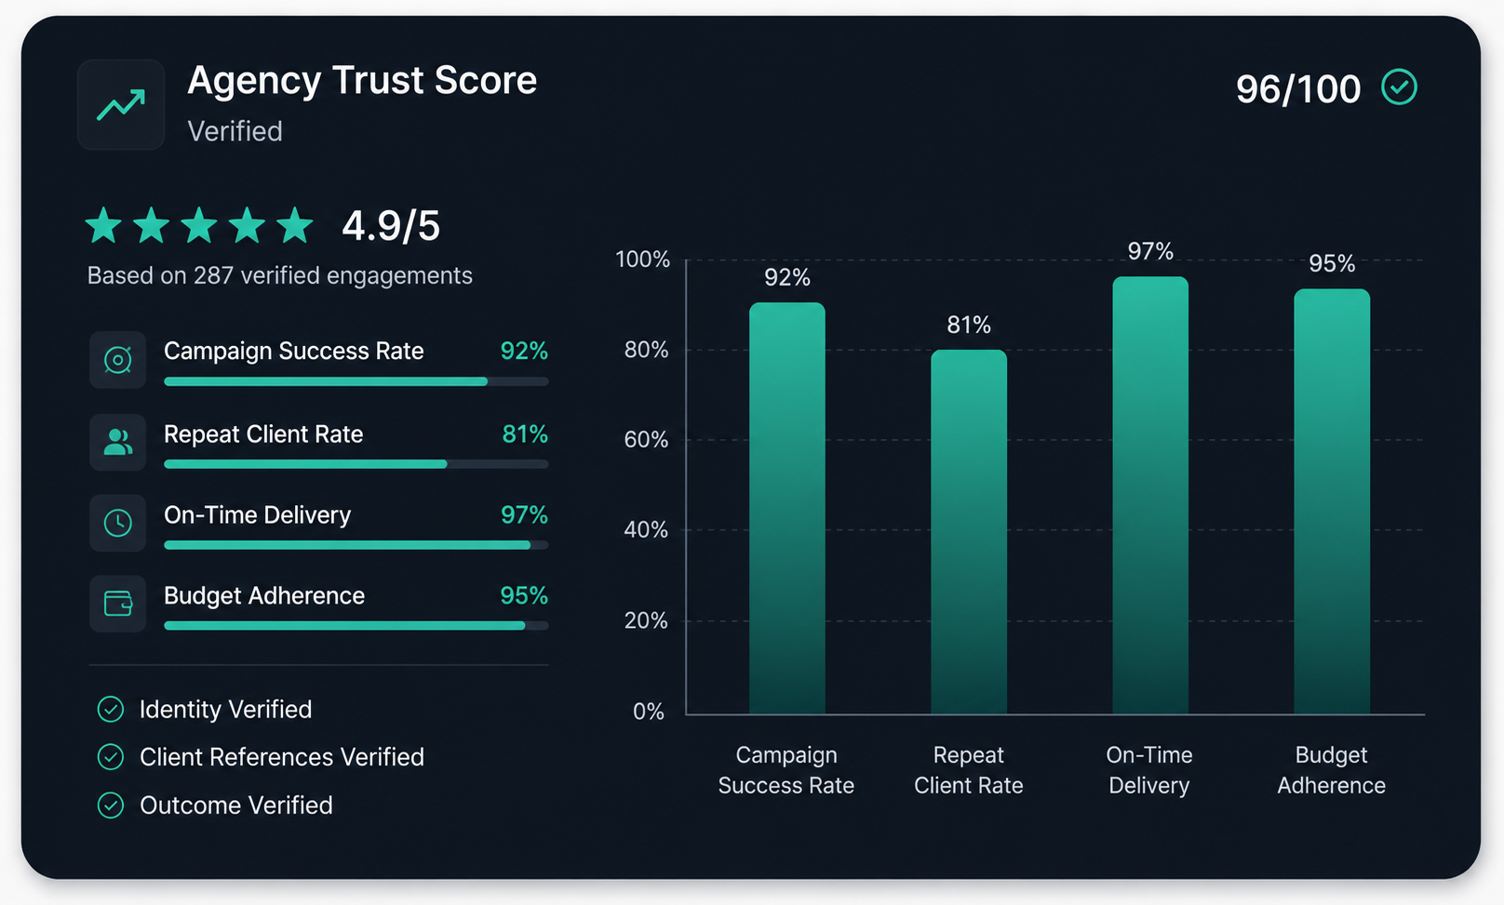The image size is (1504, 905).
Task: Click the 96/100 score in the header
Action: (1298, 88)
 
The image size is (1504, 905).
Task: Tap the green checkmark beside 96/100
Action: (1399, 87)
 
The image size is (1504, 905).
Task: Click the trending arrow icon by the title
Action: (121, 105)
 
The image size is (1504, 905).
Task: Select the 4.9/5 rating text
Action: (391, 225)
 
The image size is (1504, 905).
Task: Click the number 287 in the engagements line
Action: (213, 275)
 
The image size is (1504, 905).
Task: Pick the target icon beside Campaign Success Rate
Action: (117, 360)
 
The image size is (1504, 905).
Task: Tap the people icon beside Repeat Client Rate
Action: (117, 442)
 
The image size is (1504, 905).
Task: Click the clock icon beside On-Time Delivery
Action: (117, 523)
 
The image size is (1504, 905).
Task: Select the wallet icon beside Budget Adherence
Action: (117, 603)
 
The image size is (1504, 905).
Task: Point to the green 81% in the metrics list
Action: (525, 434)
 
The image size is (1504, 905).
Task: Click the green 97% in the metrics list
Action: (524, 514)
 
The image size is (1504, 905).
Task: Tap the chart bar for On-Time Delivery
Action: (1150, 495)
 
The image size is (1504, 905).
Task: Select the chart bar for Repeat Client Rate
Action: (968, 532)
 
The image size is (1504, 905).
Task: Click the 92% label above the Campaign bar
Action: (787, 277)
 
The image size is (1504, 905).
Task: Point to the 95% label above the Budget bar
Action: (1332, 263)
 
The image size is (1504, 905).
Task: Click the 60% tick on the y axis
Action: (646, 439)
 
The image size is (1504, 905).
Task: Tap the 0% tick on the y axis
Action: (649, 712)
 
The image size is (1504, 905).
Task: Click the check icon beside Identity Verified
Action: (111, 709)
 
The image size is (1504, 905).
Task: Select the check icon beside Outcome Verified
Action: (111, 805)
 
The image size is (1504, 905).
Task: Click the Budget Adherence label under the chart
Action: (1331, 770)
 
